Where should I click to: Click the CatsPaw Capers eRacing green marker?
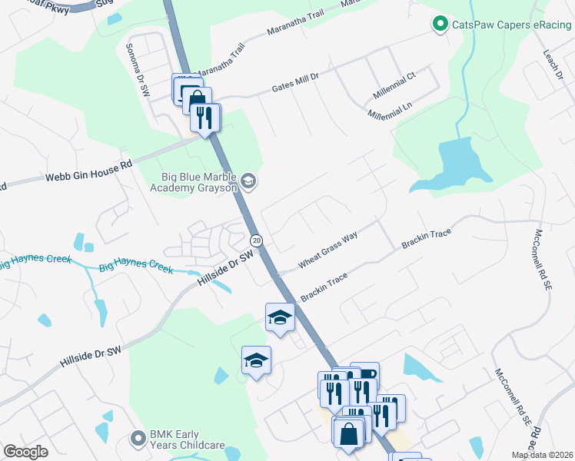pyautogui.click(x=440, y=25)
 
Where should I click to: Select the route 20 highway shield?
pyautogui.click(x=257, y=240)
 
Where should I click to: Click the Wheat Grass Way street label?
pyautogui.click(x=328, y=250)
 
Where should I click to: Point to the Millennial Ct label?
pyautogui.click(x=394, y=85)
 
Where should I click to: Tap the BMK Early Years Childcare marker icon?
pyautogui.click(x=138, y=438)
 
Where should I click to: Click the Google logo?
pyautogui.click(x=26, y=452)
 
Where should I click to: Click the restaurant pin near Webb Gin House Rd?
pyautogui.click(x=204, y=118)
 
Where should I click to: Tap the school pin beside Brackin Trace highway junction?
pyautogui.click(x=280, y=317)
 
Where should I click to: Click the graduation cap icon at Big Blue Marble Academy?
pyautogui.click(x=248, y=181)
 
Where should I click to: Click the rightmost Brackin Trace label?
pyautogui.click(x=425, y=240)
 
